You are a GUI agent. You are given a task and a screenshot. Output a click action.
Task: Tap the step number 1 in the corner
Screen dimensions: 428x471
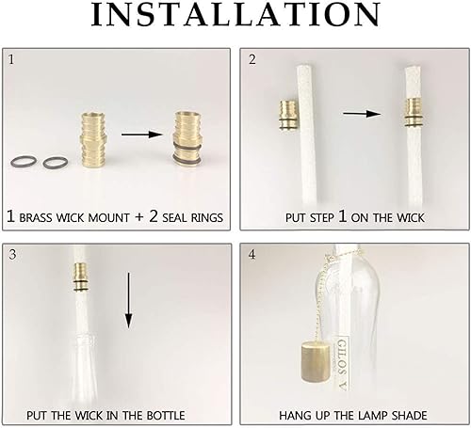pos(12,59)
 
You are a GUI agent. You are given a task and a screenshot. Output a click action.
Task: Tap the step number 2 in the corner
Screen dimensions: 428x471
pos(252,59)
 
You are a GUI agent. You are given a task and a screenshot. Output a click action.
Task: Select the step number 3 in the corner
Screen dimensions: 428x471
pos(12,254)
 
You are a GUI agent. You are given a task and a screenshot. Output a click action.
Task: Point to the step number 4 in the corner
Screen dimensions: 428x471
pos(252,254)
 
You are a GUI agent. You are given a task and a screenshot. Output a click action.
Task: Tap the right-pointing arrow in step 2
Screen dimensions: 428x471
pos(355,114)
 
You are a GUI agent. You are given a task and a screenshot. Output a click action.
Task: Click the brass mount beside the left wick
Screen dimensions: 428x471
pos(288,116)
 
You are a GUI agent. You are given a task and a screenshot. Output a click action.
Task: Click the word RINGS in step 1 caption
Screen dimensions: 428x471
pos(201,217)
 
